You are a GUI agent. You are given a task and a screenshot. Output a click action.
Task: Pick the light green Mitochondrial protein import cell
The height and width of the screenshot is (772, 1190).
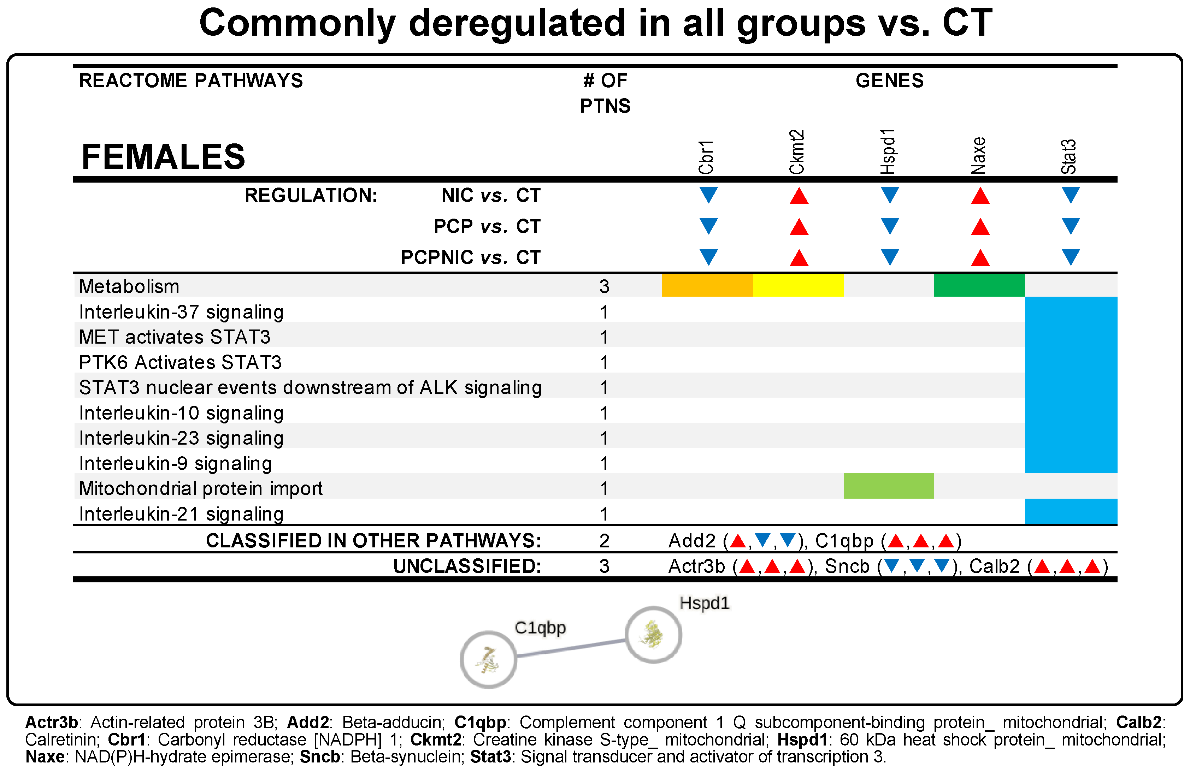tap(889, 486)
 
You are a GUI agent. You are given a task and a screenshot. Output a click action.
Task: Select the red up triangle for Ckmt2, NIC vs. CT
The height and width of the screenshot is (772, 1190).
tap(799, 196)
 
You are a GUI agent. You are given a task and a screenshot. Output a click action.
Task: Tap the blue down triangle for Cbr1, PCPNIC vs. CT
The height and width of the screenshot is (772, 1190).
tap(708, 256)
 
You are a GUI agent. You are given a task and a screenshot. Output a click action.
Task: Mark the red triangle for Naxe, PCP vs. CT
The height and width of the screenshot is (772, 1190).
tap(980, 227)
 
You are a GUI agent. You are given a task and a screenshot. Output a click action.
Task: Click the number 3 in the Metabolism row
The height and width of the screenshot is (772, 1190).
tap(604, 286)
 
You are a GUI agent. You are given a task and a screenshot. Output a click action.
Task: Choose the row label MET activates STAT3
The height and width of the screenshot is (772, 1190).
tap(175, 337)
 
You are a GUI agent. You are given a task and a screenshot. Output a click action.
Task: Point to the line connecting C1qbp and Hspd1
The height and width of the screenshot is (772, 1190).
tap(571, 648)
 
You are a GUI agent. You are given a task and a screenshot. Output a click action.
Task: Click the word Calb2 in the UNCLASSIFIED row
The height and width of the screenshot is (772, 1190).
tap(994, 566)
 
